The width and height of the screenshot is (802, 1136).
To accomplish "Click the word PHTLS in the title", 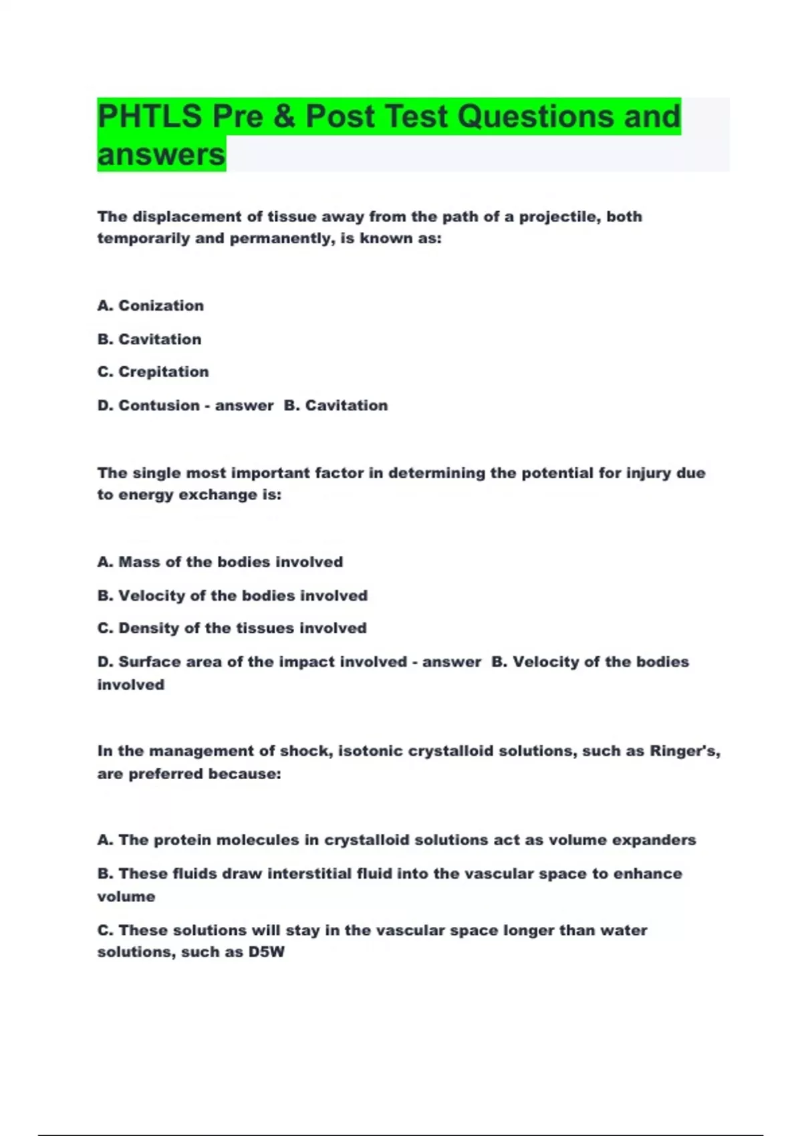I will click(x=149, y=117).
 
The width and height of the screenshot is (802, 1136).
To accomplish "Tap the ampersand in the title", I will click(x=283, y=117).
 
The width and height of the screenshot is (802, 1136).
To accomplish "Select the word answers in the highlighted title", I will click(x=161, y=155).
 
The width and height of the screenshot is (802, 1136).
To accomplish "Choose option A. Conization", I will click(x=150, y=305).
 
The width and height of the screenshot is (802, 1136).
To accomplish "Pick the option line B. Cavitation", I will click(x=149, y=339).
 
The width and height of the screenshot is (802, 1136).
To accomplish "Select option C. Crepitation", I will click(x=153, y=372).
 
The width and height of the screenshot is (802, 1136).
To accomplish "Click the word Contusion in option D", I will click(x=159, y=405).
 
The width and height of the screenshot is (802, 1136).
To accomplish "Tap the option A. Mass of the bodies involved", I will click(x=220, y=562).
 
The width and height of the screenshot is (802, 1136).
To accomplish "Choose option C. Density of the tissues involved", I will click(x=232, y=628).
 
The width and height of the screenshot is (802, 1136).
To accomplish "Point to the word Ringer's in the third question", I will click(x=684, y=751).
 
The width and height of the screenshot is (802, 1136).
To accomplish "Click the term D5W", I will click(x=266, y=952).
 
